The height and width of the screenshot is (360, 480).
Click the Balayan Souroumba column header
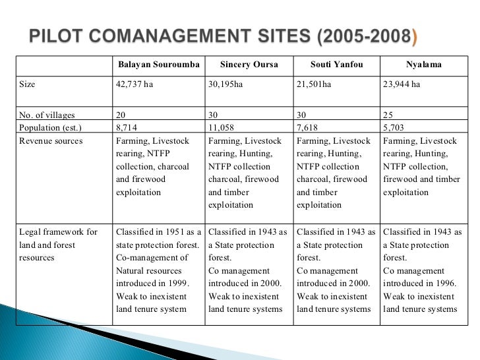tap(158, 65)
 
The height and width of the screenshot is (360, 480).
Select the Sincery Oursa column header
tap(248, 65)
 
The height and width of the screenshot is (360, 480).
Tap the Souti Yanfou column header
tap(336, 65)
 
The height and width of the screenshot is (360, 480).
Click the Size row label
tap(28, 84)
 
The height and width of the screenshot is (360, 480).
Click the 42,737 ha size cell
tap(134, 84)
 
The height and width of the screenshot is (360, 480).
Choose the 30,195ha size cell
tap(226, 84)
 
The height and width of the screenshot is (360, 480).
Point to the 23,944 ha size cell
tap(403, 84)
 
